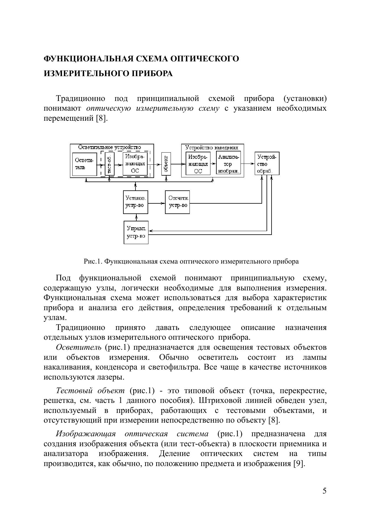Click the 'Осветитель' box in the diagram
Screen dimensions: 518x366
click(84, 164)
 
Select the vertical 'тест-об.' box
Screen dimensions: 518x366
click(110, 164)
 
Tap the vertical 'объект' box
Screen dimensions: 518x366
click(166, 164)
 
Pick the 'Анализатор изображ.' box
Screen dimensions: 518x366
click(228, 164)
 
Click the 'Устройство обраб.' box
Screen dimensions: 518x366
click(267, 164)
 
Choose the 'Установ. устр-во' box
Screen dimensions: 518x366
click(135, 202)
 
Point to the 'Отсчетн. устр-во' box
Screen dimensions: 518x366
click(177, 202)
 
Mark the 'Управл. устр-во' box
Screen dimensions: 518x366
click(136, 232)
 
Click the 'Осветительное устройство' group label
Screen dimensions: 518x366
click(110, 147)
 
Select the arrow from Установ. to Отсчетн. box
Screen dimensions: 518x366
click(156, 203)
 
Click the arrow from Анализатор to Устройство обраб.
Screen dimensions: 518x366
click(248, 164)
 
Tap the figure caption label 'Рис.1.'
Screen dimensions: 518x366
click(93, 261)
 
